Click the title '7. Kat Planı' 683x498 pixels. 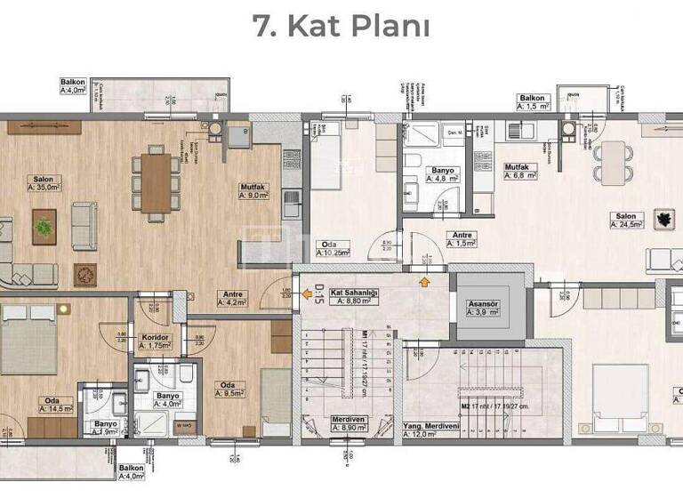[341, 26]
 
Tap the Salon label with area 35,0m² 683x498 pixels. [43, 183]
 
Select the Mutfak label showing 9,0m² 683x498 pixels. [255, 191]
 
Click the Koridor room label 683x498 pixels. [156, 341]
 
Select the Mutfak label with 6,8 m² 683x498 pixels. [520, 171]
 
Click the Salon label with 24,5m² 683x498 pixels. [626, 220]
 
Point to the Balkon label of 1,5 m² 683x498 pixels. [535, 101]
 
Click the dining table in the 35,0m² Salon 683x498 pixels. [156, 184]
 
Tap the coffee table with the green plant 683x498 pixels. [44, 227]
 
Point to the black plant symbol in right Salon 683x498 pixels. [663, 218]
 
